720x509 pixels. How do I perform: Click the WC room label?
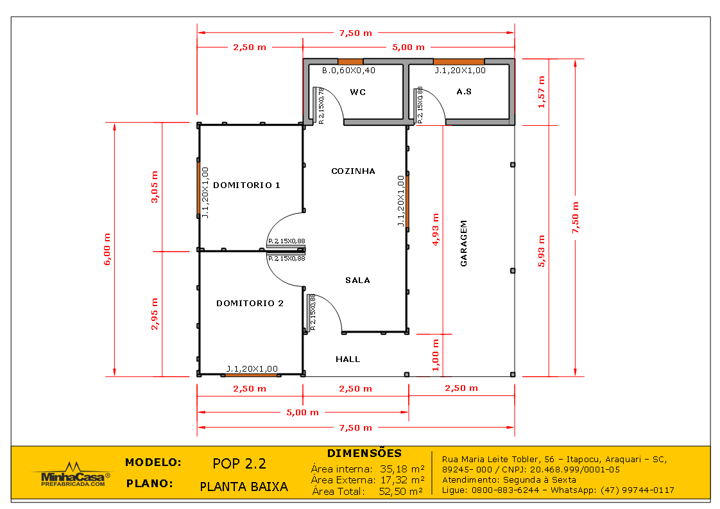(357, 92)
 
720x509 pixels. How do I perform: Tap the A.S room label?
(464, 92)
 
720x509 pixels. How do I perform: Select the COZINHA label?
(353, 171)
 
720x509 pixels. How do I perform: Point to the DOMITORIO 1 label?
(246, 185)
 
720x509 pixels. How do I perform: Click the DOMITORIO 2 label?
(250, 304)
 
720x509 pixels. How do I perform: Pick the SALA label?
(357, 280)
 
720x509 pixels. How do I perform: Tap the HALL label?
(348, 359)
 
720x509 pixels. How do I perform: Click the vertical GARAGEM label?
(463, 243)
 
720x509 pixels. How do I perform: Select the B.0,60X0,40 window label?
(348, 71)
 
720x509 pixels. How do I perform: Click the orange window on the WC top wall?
(350, 62)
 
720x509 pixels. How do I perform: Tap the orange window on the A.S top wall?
(458, 62)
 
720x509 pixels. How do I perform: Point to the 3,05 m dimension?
(153, 187)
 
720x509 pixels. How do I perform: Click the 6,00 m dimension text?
(107, 249)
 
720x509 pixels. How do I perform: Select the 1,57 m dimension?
(541, 92)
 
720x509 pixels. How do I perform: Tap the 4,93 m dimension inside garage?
(436, 230)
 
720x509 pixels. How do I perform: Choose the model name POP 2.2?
(239, 464)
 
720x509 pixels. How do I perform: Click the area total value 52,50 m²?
(401, 492)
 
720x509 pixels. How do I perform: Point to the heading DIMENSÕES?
(364, 454)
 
